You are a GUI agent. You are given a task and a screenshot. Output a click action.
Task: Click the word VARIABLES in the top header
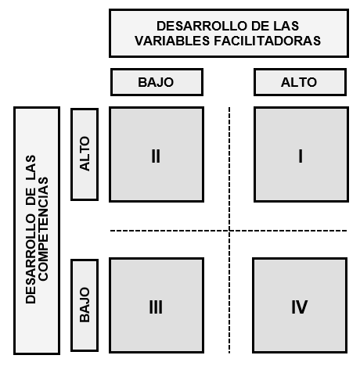(172, 41)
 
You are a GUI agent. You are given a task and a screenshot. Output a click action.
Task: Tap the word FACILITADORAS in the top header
(268, 41)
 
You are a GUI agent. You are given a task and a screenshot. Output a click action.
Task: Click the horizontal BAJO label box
(157, 82)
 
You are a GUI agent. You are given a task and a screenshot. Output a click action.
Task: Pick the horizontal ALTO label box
(300, 82)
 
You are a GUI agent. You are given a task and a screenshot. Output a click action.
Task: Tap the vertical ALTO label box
(85, 154)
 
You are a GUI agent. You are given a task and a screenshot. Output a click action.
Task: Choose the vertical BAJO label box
(85, 305)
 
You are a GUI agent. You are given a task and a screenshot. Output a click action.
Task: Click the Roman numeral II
(156, 156)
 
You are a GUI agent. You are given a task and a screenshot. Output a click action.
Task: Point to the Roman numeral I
(301, 156)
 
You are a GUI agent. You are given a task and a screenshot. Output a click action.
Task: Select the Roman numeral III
(156, 307)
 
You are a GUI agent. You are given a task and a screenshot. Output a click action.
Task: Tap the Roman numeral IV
(300, 307)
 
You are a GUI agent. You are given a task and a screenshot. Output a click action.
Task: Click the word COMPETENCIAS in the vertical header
(43, 229)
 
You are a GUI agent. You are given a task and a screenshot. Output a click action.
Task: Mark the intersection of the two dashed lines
(229, 231)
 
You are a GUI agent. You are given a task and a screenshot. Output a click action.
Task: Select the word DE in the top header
(261, 26)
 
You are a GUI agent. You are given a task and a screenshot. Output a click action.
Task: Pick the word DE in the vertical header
(31, 196)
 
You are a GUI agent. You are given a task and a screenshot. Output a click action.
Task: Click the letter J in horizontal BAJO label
(160, 82)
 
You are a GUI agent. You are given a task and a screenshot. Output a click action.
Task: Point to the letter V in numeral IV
(301, 307)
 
